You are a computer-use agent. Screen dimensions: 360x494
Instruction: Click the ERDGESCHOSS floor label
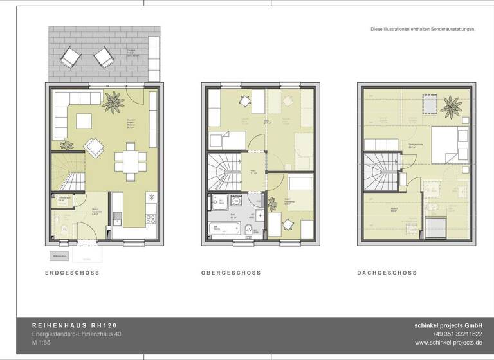pyautogui.click(x=72, y=273)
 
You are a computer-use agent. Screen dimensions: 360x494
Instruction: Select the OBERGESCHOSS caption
pyautogui.click(x=231, y=273)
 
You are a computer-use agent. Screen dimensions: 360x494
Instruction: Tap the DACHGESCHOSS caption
pyautogui.click(x=387, y=273)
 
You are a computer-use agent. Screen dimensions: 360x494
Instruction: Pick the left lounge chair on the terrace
pyautogui.click(x=70, y=60)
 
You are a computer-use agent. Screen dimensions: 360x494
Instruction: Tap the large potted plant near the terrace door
pyautogui.click(x=110, y=100)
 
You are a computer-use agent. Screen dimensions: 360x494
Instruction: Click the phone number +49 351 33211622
pyautogui.click(x=457, y=335)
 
